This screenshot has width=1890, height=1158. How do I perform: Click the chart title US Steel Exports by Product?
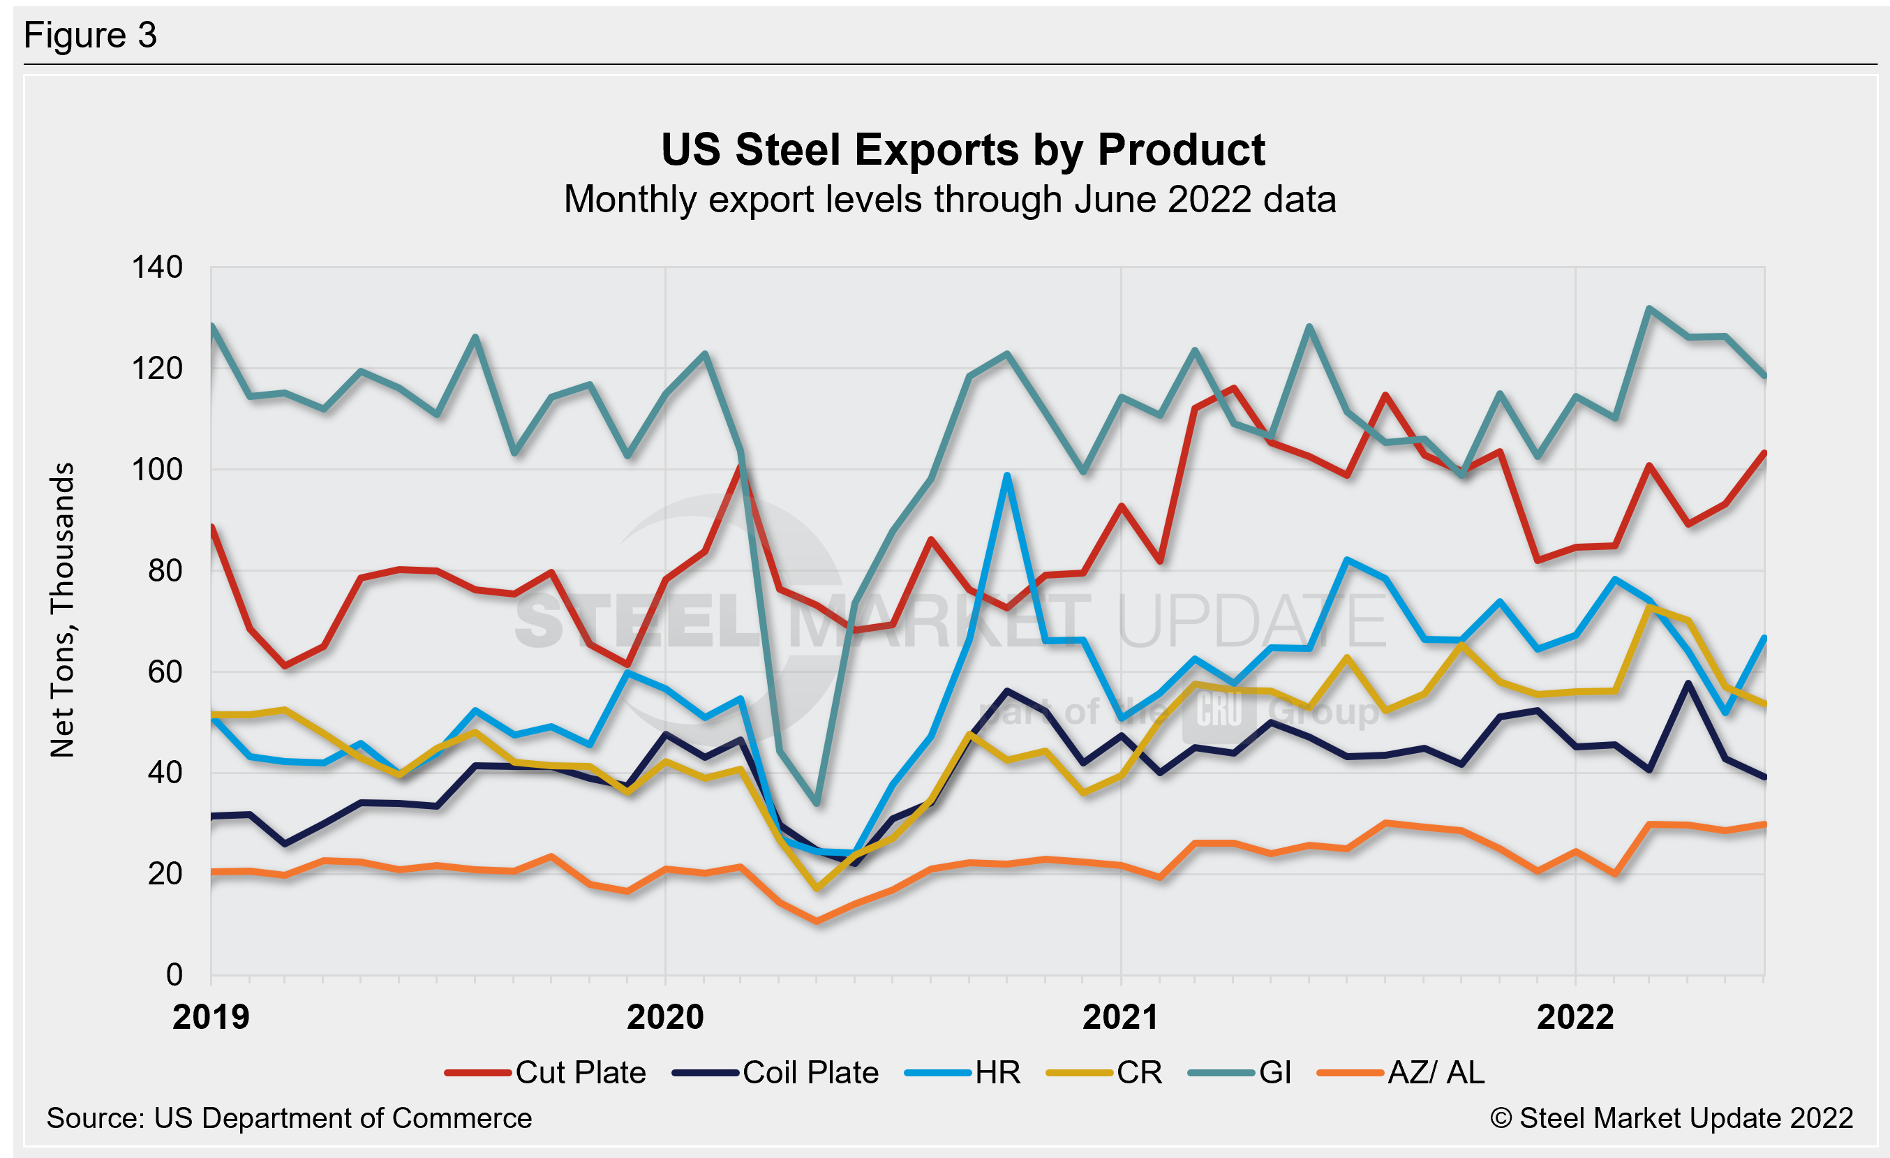tap(962, 149)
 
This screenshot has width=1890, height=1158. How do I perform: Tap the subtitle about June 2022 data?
tap(950, 200)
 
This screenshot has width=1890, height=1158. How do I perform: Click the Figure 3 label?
tap(90, 36)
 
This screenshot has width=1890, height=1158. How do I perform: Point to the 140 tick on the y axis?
tap(157, 267)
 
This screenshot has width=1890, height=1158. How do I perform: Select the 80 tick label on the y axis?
tap(165, 570)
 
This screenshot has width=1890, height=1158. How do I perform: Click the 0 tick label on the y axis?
tap(174, 974)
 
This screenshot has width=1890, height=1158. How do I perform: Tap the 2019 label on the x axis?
tap(211, 1018)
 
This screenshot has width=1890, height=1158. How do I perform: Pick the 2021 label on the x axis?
tap(1120, 1018)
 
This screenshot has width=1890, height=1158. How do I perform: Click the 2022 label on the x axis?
tap(1575, 1018)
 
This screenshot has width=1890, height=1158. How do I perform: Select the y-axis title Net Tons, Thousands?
tap(63, 609)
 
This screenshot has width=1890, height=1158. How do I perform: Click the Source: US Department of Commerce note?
tap(289, 1118)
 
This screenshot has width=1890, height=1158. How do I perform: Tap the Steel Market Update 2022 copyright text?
tap(1672, 1118)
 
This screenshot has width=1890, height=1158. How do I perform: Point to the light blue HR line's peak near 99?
tap(1006, 475)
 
